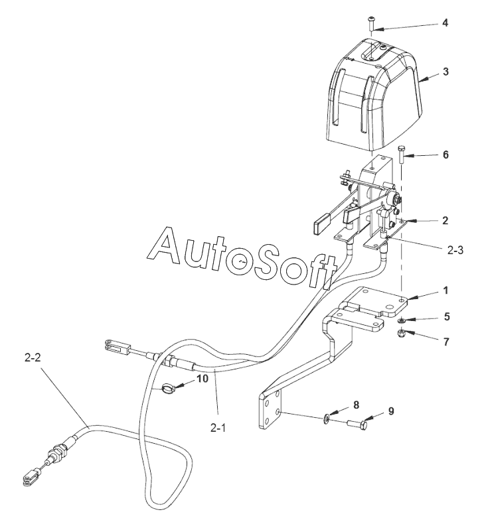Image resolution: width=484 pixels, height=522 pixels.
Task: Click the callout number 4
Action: point(445,23)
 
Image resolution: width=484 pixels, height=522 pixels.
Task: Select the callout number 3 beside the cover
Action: point(445,72)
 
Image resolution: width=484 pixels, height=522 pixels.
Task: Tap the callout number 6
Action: point(445,155)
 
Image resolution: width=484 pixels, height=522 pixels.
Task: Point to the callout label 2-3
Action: point(455,250)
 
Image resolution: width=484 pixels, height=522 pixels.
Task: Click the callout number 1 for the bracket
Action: point(445,291)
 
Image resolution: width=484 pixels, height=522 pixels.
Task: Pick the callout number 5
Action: point(447,316)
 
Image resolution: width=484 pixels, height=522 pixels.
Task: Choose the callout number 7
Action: point(446,342)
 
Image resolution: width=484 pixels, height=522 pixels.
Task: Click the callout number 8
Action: point(356,405)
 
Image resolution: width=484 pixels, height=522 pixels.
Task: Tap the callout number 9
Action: point(390,411)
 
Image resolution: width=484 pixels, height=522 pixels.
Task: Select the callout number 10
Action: point(202,379)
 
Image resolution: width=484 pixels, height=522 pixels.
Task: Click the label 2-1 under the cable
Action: point(218,428)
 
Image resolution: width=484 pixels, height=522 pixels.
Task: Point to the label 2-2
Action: point(33,358)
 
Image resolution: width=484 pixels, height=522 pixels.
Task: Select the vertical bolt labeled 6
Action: point(401,154)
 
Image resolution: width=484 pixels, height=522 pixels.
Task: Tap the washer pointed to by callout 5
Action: point(402,320)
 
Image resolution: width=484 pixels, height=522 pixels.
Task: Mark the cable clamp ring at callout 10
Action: point(169,388)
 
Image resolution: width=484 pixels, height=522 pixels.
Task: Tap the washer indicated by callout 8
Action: point(327,418)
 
